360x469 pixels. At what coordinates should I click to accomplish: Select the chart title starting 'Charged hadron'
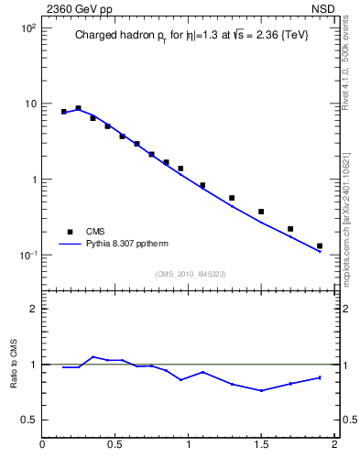(192, 37)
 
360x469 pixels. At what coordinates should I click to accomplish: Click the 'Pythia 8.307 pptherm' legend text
(128, 245)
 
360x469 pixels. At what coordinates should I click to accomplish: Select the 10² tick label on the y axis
(27, 28)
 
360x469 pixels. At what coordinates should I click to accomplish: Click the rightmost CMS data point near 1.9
(320, 245)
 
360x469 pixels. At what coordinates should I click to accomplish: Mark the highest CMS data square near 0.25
(79, 108)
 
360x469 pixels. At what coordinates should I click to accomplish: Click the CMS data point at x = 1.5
(261, 212)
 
